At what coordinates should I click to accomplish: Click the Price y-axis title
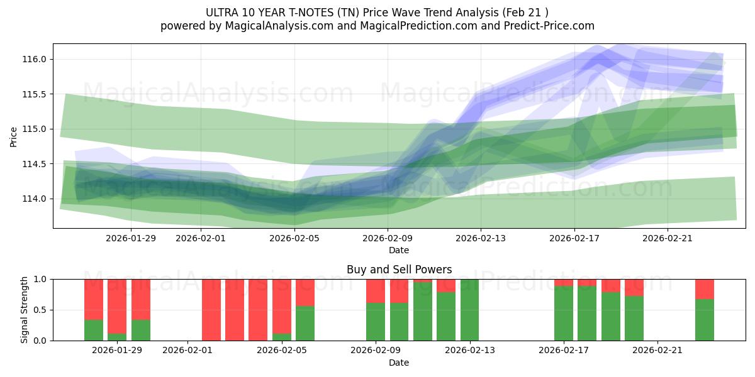click(14, 136)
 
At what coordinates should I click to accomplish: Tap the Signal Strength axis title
click(25, 310)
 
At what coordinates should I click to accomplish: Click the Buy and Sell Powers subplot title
click(399, 270)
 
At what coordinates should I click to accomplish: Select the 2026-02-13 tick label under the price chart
click(481, 238)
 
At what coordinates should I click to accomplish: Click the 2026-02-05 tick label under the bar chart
click(282, 351)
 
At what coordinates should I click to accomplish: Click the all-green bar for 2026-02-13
click(469, 310)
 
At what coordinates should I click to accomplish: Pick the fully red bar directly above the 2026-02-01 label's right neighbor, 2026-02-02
click(211, 310)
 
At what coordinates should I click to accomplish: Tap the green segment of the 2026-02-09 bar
click(376, 322)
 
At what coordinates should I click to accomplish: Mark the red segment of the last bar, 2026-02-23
click(705, 288)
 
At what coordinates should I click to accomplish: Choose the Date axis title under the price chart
click(399, 250)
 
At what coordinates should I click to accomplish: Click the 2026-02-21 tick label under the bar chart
click(657, 351)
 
